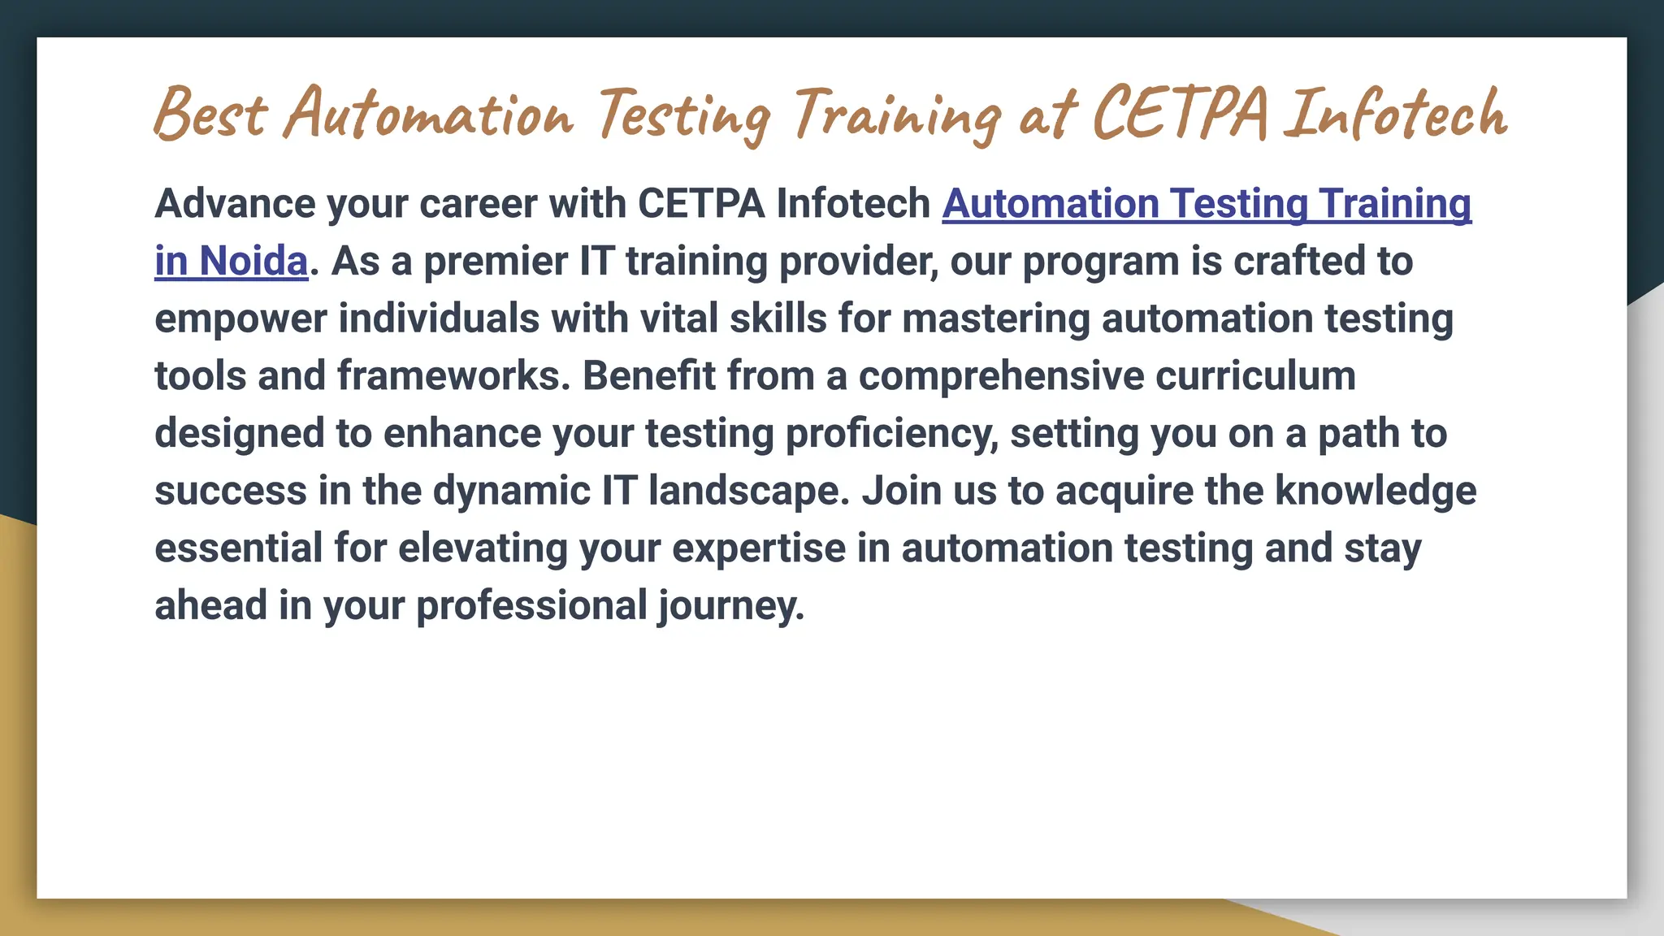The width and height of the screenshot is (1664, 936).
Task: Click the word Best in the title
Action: point(210,115)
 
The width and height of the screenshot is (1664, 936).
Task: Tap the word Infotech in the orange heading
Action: point(1396,115)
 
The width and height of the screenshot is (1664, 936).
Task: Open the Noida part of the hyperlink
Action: point(253,261)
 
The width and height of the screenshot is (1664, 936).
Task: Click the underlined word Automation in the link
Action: point(1050,203)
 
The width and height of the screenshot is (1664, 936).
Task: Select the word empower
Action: point(240,318)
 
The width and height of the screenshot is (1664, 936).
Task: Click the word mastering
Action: point(995,318)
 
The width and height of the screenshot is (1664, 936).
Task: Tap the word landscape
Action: point(748,492)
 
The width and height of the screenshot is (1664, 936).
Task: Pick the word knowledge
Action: point(1376,492)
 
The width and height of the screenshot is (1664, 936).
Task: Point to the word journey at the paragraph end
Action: point(730,606)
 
